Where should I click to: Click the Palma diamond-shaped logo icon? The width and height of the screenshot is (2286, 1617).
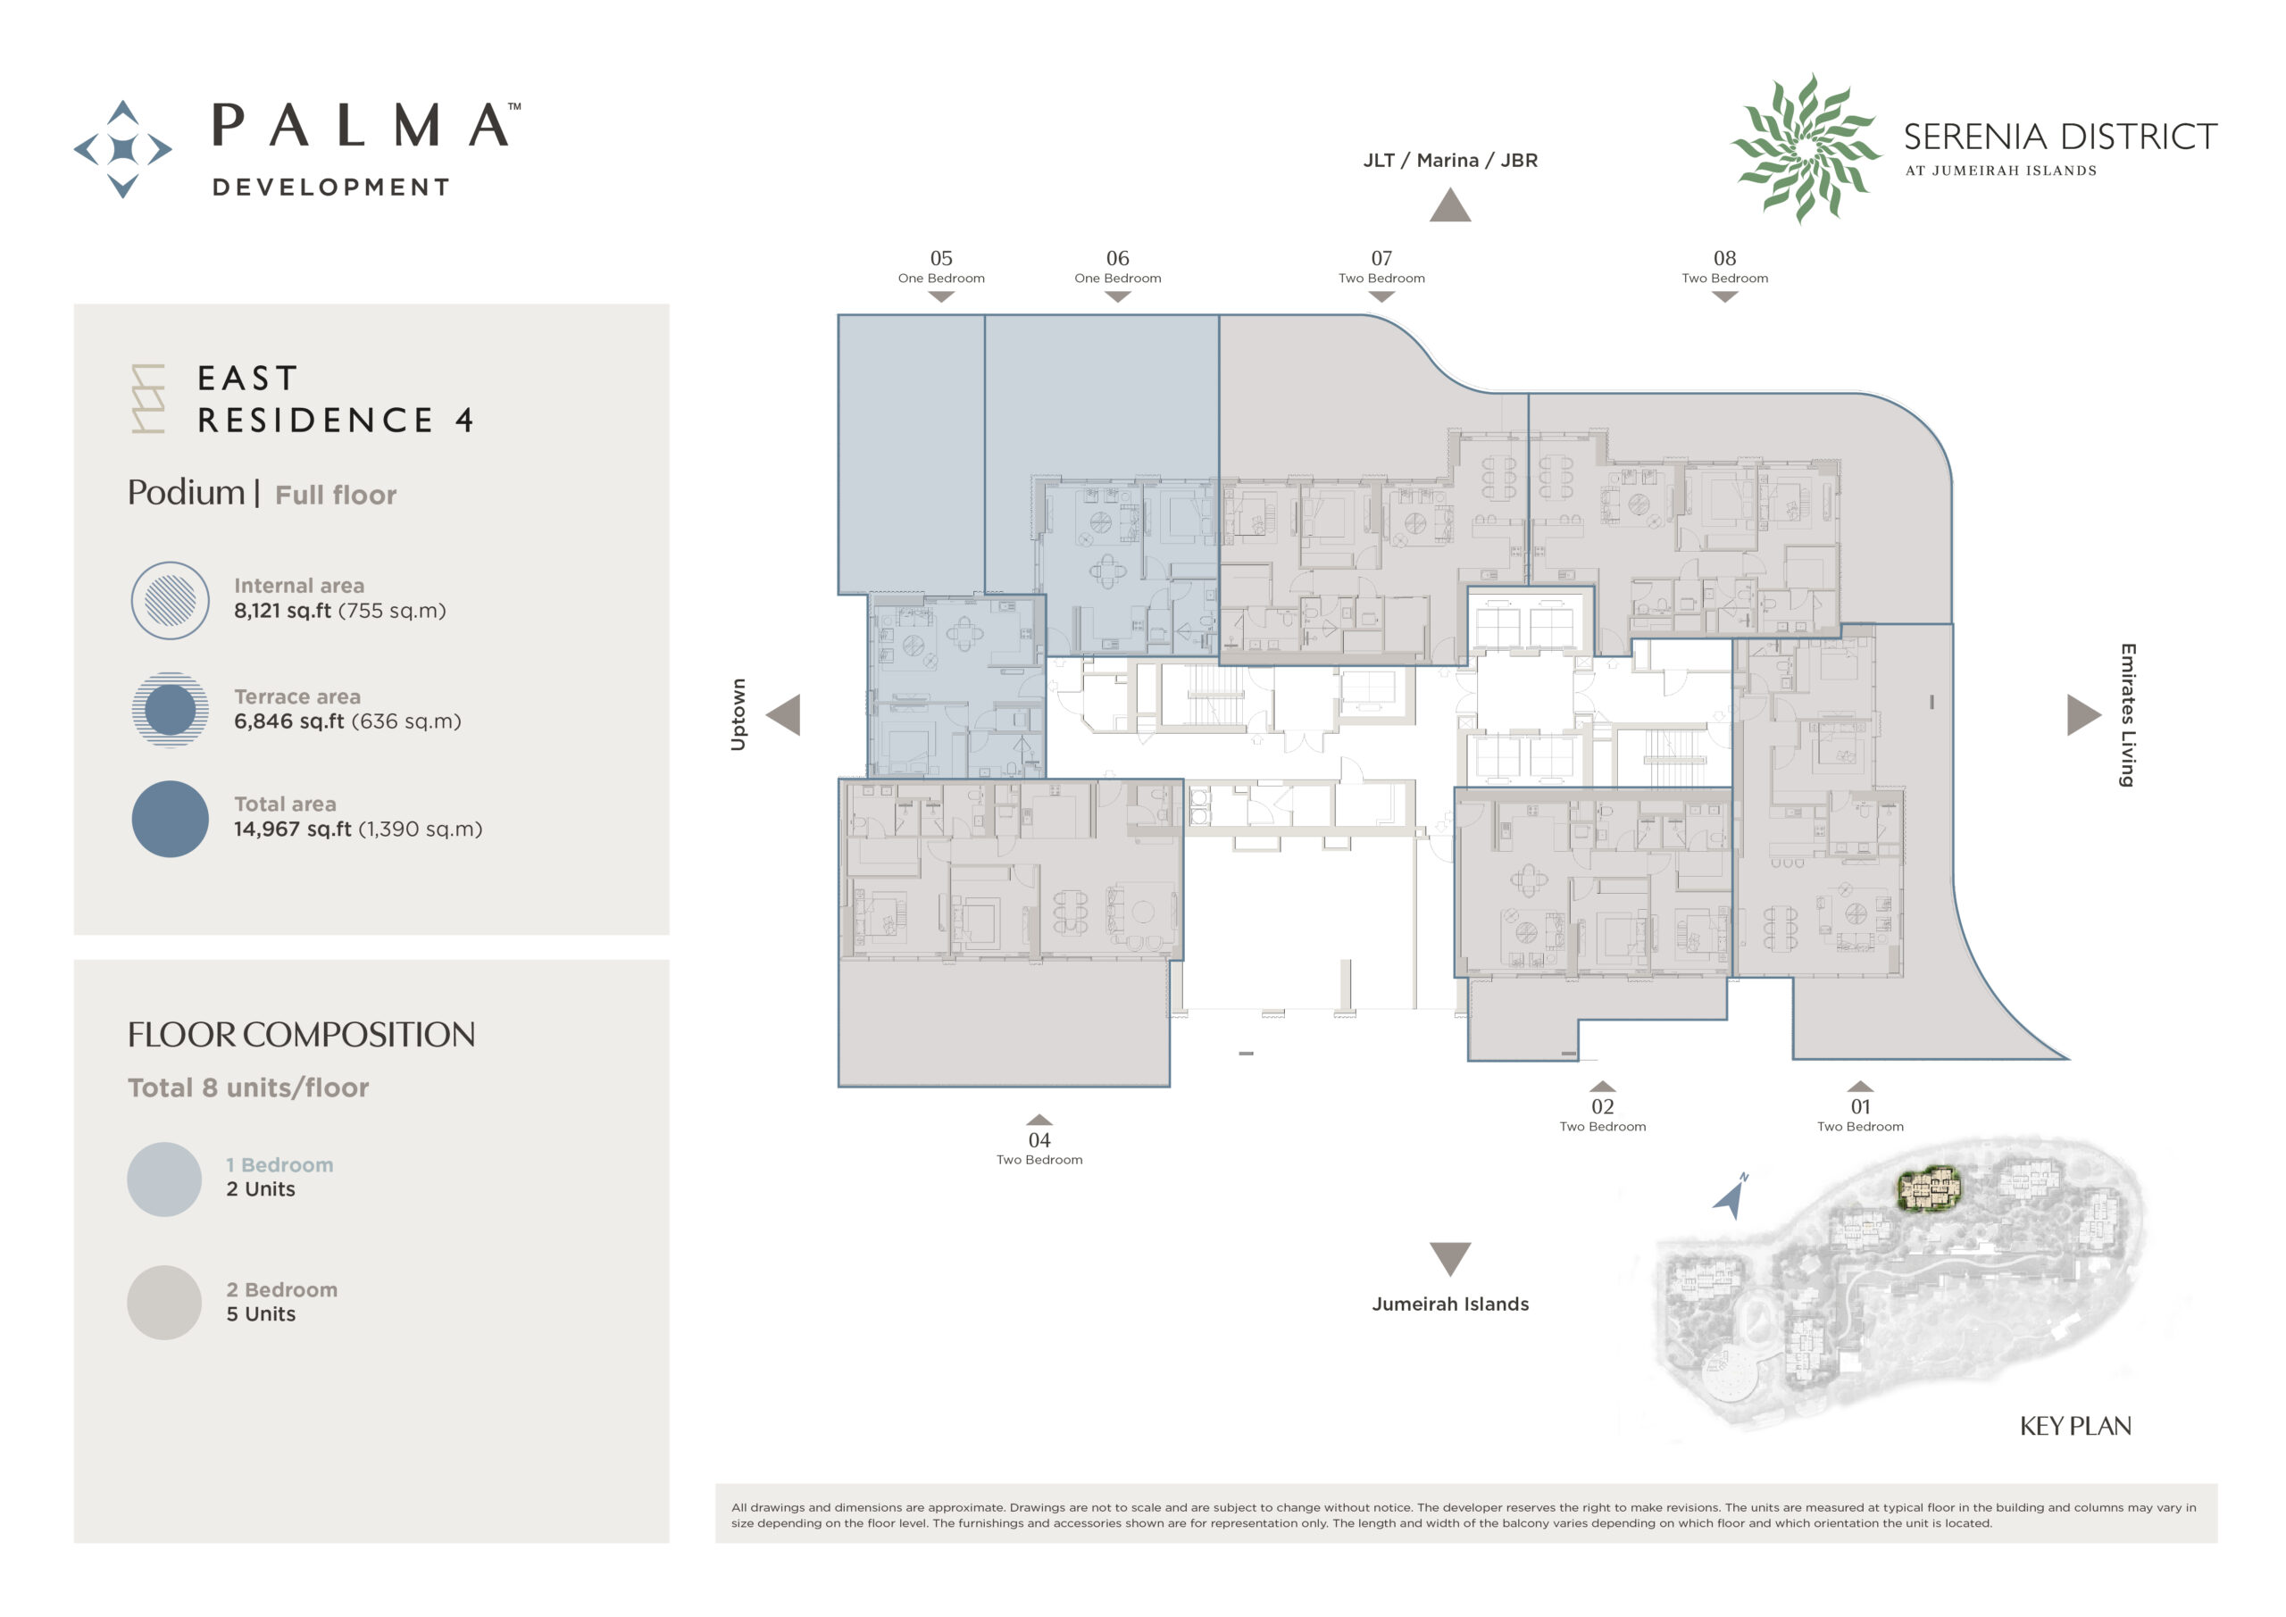pos(122,149)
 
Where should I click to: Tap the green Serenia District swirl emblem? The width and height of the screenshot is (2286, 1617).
pos(1805,148)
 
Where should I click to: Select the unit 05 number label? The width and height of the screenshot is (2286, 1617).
pos(941,258)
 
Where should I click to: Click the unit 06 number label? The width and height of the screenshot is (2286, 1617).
pos(1117,258)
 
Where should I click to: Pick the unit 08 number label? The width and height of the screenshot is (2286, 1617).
pos(1724,258)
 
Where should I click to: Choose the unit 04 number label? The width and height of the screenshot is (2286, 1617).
pos(1039,1140)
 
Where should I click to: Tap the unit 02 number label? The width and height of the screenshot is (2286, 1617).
pos(1602,1106)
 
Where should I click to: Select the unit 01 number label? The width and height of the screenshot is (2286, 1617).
pos(1860,1106)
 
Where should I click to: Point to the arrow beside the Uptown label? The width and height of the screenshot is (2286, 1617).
pos(783,715)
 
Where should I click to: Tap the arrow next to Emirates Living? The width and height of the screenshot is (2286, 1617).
pos(2084,715)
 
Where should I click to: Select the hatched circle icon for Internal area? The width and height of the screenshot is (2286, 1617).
pos(171,600)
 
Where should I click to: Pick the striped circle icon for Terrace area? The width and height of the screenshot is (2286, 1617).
pos(171,710)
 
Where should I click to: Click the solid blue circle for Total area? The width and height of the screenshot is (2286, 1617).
pos(171,819)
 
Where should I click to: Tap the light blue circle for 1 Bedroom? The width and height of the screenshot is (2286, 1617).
pos(164,1179)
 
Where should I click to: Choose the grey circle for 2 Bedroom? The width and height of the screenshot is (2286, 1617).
pos(164,1303)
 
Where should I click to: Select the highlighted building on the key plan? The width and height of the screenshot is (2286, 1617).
pos(1929,1188)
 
